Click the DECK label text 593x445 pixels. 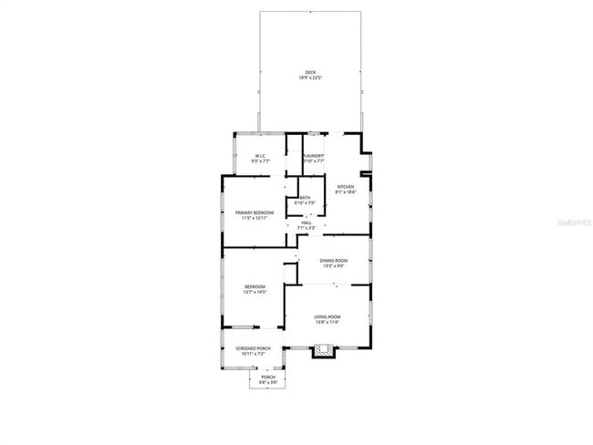pyautogui.click(x=310, y=73)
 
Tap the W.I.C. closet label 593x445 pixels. pyautogui.click(x=260, y=156)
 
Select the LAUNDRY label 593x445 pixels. pyautogui.click(x=314, y=156)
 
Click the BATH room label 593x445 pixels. pyautogui.click(x=305, y=198)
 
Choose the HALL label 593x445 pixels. pyautogui.click(x=307, y=222)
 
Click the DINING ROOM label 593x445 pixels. pyautogui.click(x=333, y=261)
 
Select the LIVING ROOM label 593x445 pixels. pyautogui.click(x=327, y=316)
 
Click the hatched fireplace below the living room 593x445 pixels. pyautogui.click(x=325, y=348)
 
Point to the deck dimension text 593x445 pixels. pyautogui.click(x=310, y=78)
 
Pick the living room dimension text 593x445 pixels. pyautogui.click(x=327, y=322)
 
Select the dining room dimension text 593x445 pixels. pyautogui.click(x=333, y=266)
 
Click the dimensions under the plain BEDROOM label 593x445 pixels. pyautogui.click(x=254, y=292)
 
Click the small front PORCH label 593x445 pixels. pyautogui.click(x=268, y=377)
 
